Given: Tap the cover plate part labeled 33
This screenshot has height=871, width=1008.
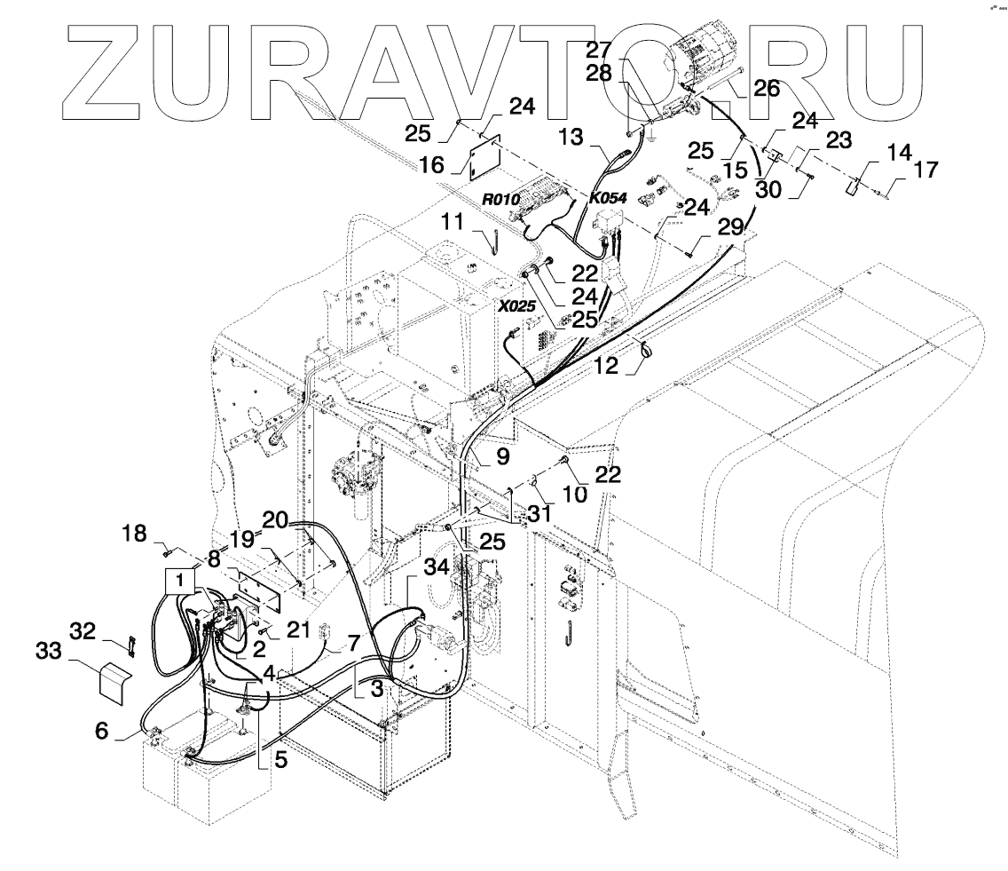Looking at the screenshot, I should (x=114, y=682).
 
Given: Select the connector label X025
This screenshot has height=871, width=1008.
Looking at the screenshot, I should (x=516, y=306).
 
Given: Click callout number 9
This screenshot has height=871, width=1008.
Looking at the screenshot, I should (x=503, y=458).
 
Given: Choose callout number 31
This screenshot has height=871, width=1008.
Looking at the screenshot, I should (x=539, y=513).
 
